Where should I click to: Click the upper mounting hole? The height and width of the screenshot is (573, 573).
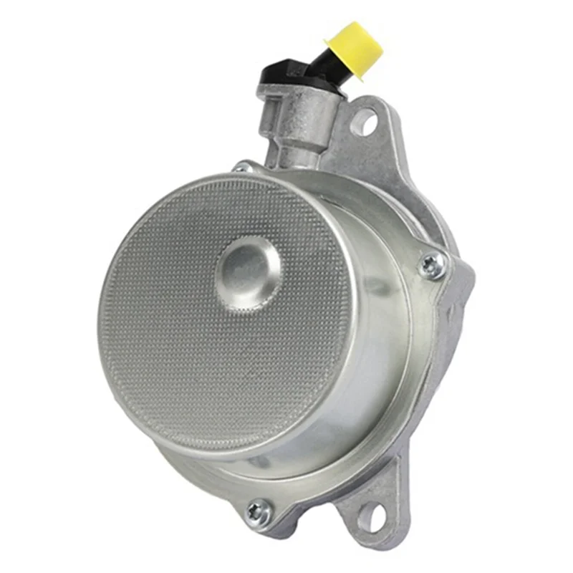point(364,122)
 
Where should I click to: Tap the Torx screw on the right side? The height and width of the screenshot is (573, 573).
point(432,266)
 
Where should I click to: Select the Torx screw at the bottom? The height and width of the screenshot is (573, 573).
point(259,511)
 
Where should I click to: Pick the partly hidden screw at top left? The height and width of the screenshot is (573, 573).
point(242,168)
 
